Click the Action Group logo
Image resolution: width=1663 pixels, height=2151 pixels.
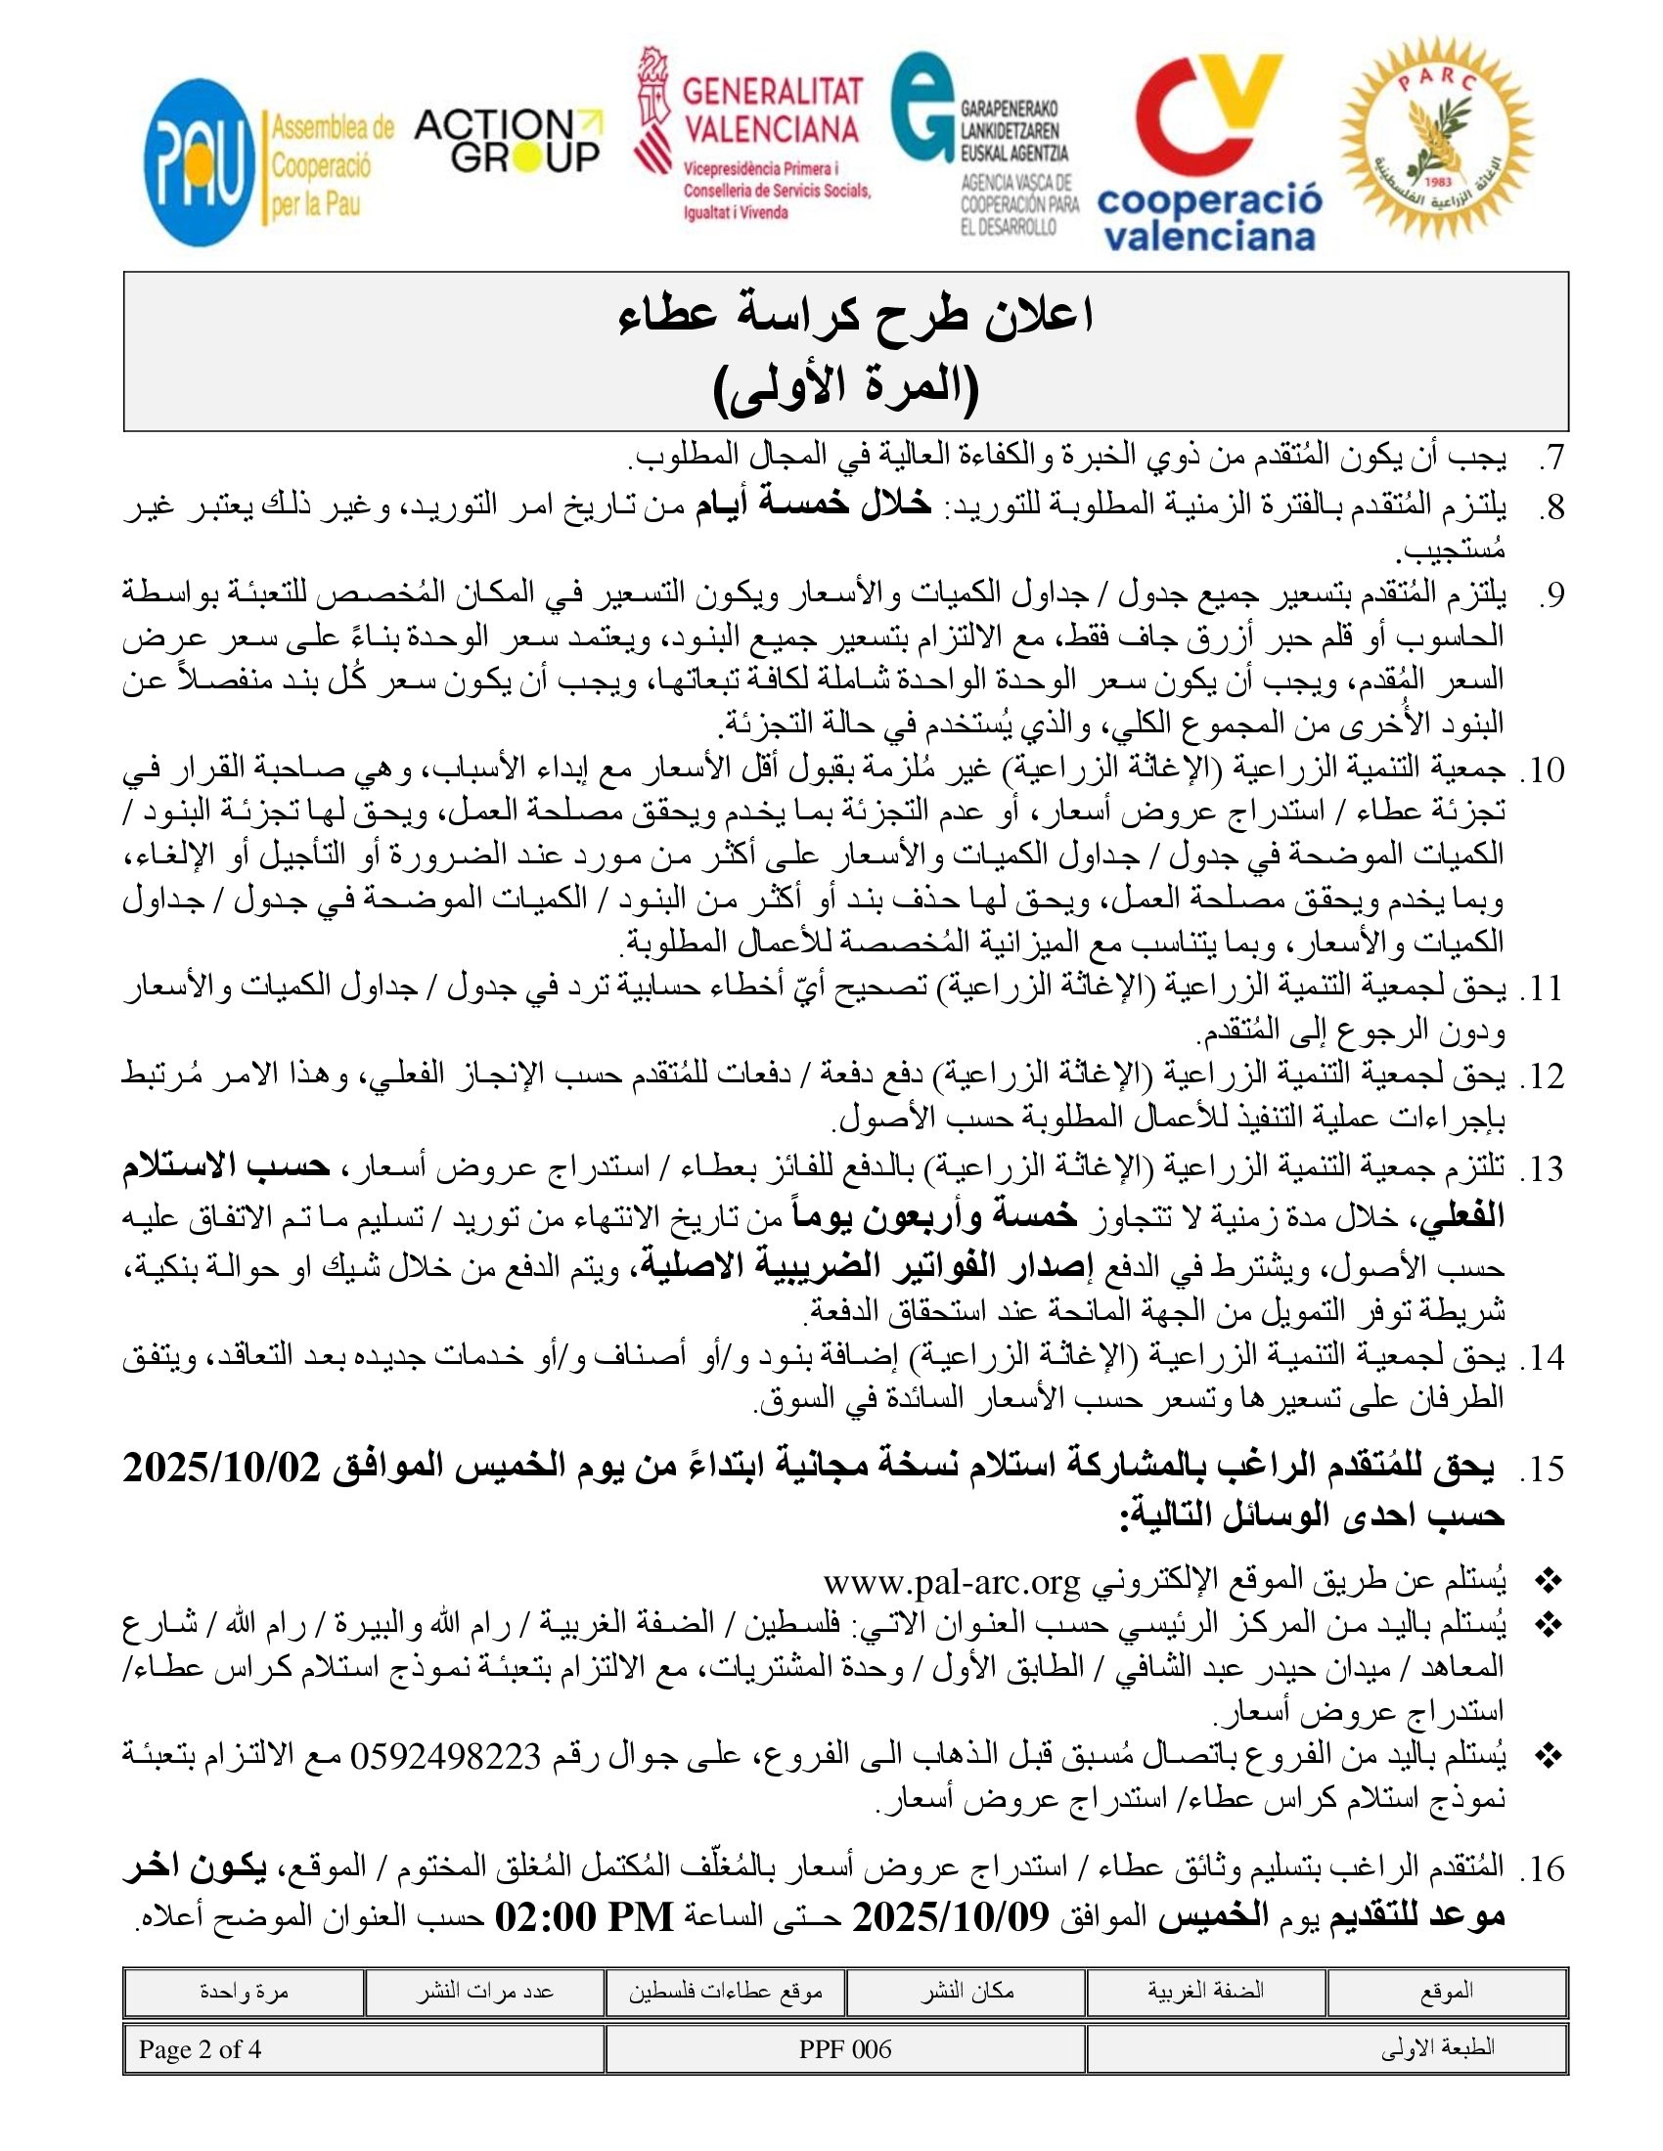tap(508, 141)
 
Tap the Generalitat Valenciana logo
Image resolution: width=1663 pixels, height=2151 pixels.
tap(752, 135)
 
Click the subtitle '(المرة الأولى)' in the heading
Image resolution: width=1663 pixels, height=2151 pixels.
tap(845, 389)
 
